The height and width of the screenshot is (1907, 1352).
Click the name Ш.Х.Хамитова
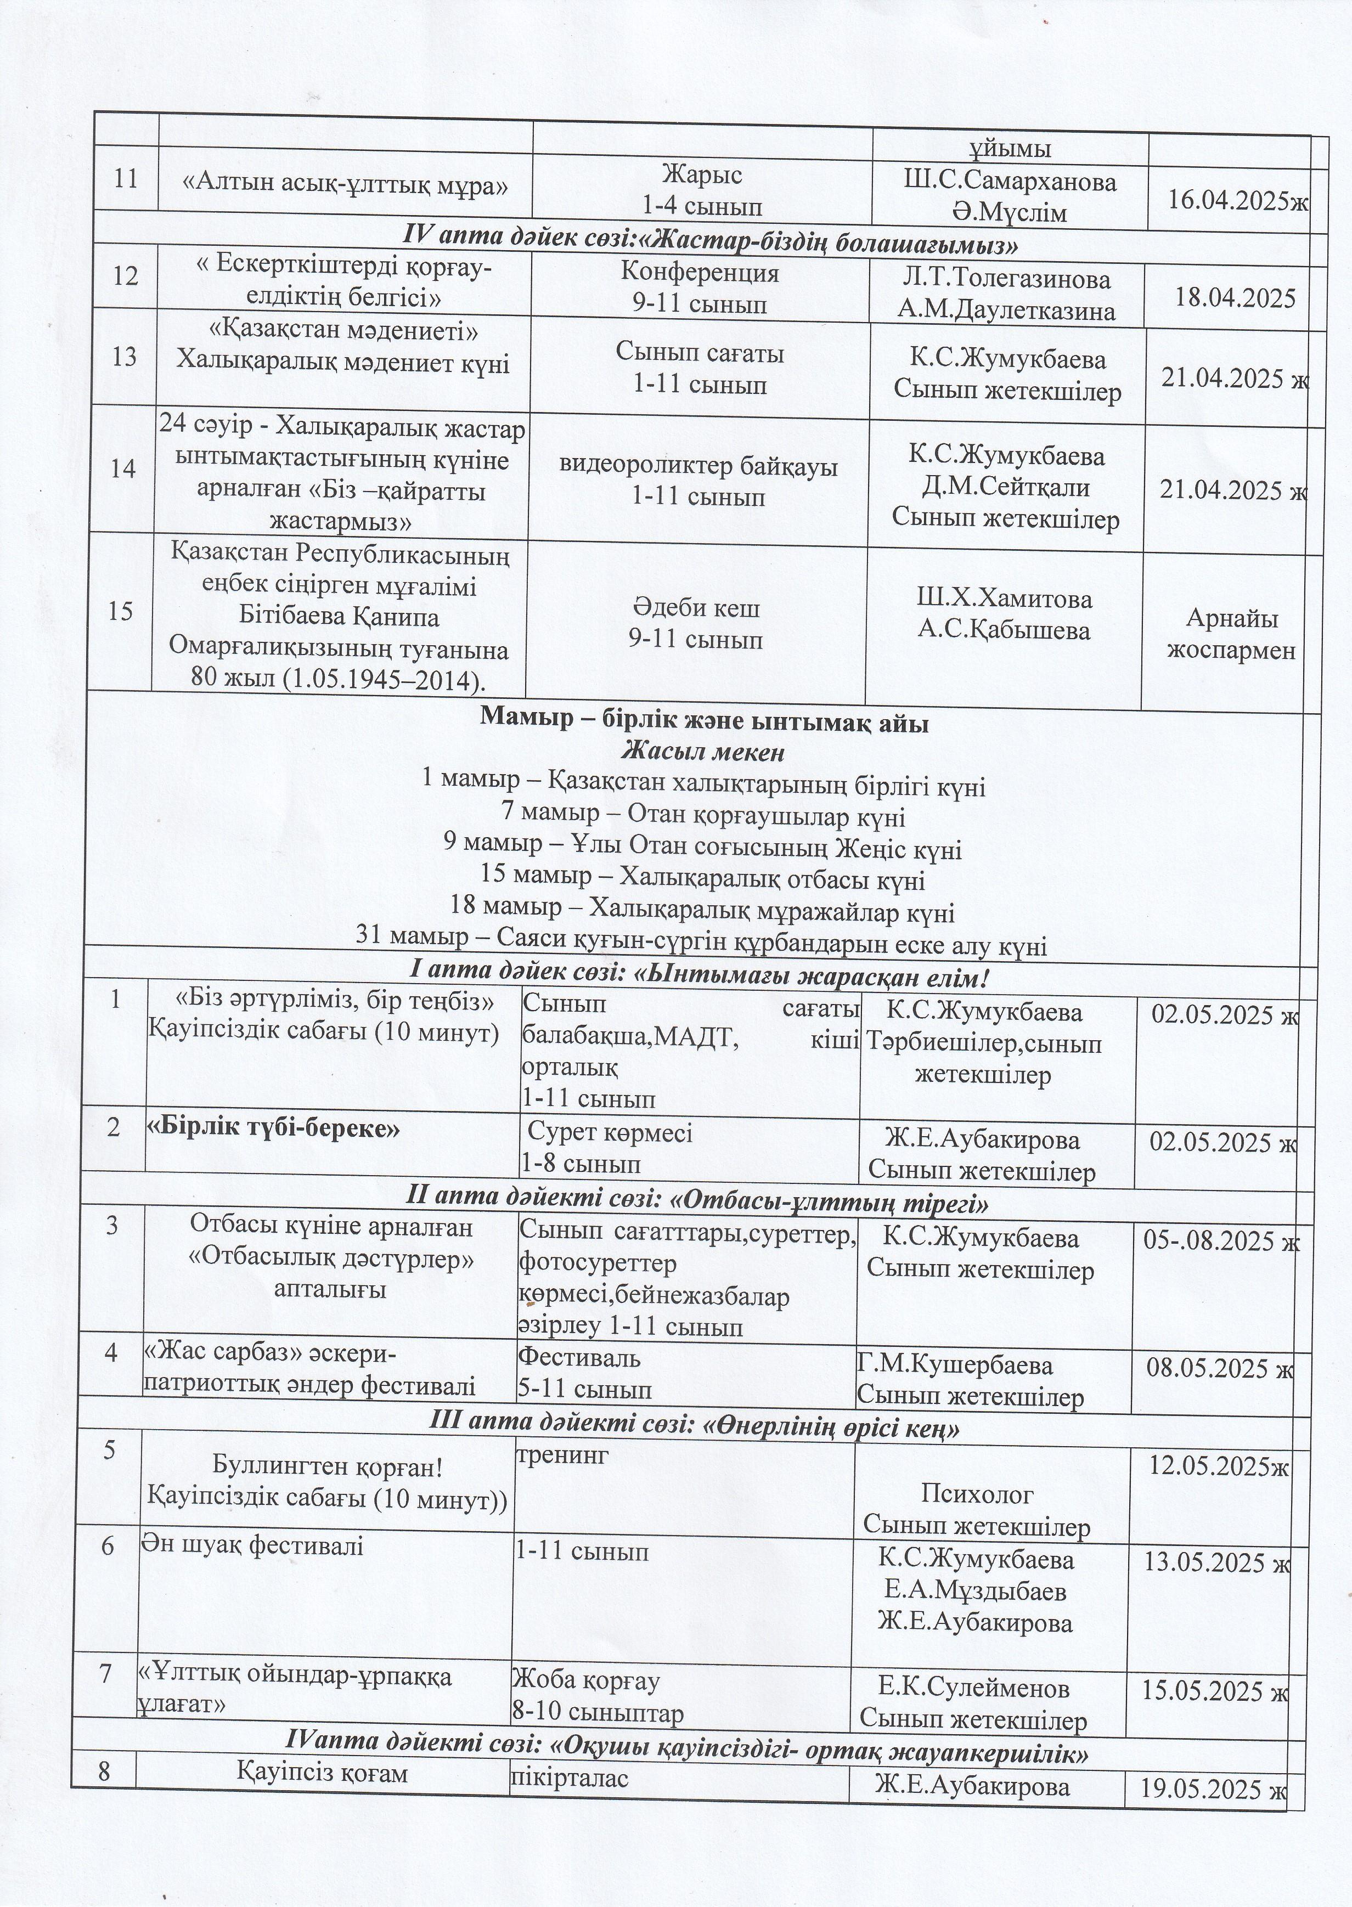(x=1004, y=599)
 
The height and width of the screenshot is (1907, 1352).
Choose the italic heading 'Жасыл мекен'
(x=703, y=753)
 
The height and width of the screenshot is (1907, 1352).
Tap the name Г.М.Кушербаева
(x=955, y=1366)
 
